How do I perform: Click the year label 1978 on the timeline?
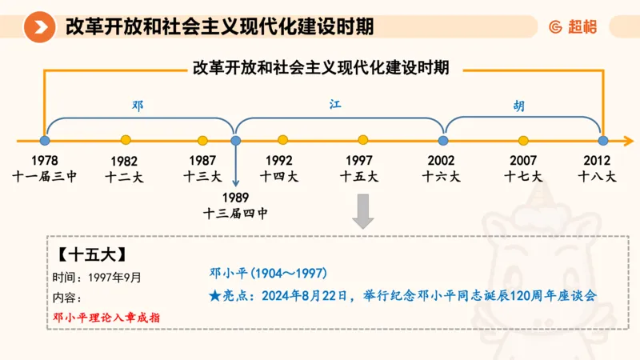coord(45,160)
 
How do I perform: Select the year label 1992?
coord(279,160)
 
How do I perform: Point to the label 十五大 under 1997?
coord(359,176)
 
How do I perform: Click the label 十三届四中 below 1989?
coord(235,213)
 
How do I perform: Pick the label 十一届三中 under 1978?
coord(45,176)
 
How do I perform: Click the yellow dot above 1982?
coord(126,140)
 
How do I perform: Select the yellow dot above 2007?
coord(523,140)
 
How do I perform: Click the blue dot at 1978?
coord(45,140)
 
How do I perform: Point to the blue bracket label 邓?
coord(138,105)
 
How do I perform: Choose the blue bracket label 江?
coord(335,105)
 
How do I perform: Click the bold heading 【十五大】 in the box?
coord(91,256)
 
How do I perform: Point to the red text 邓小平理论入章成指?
coord(106,317)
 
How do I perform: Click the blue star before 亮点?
coord(214,295)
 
